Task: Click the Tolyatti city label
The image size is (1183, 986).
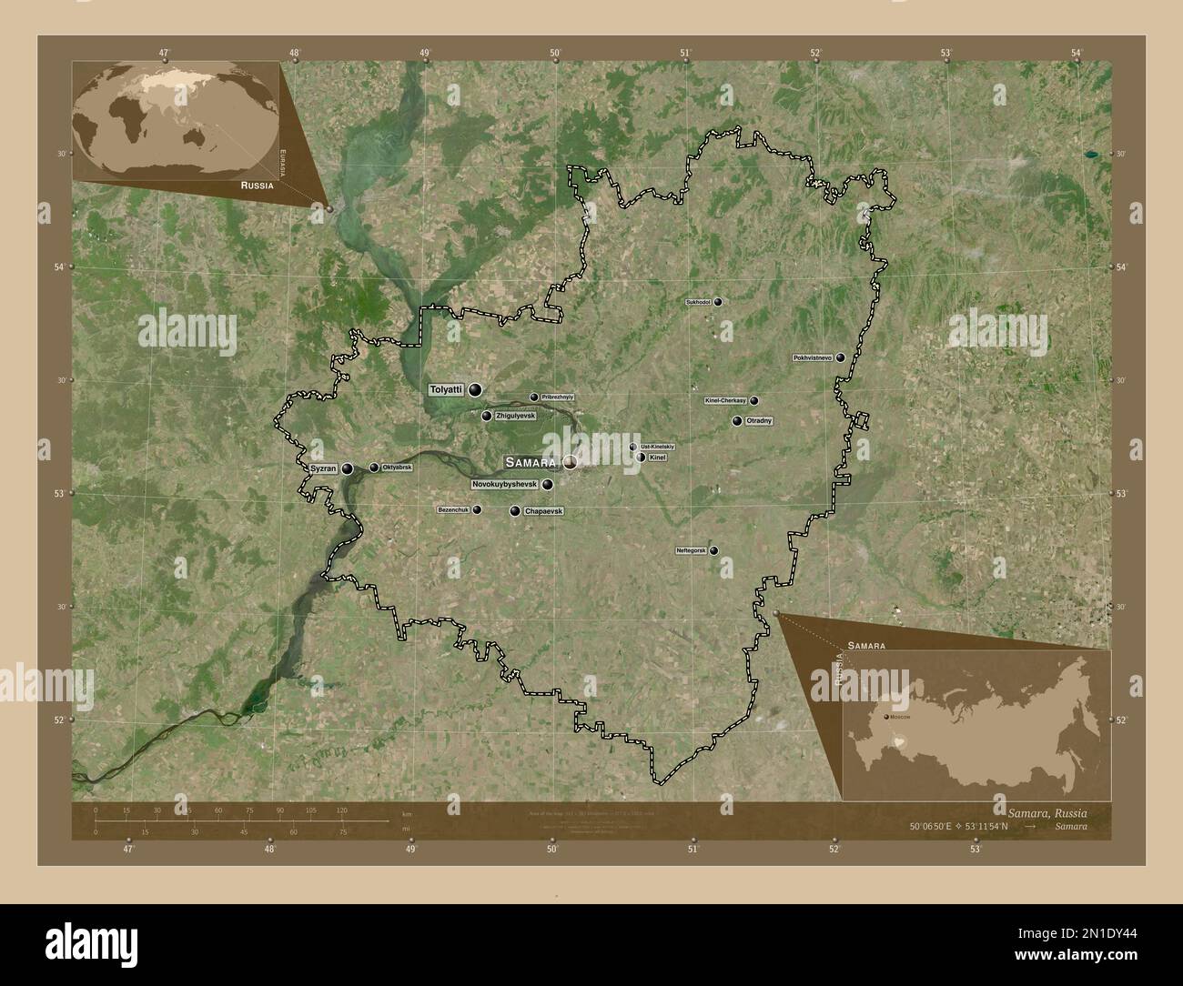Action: point(446,389)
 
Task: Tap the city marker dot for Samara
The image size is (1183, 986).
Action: point(570,462)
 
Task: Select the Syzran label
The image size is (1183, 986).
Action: point(324,468)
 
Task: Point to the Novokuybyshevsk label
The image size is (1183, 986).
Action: point(505,485)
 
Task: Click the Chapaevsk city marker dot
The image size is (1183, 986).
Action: point(515,511)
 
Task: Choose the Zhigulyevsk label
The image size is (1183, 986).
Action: point(515,416)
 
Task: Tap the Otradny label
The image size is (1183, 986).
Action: point(759,421)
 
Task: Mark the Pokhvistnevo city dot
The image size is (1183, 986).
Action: point(841,357)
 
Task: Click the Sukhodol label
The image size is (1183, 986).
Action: point(697,302)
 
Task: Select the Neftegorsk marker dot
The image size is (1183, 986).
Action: point(714,550)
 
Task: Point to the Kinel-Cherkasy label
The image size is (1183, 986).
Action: point(725,400)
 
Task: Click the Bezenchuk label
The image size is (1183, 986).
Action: point(453,510)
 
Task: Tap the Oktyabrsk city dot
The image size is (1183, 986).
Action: point(374,468)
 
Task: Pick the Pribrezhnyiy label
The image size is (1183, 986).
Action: point(558,397)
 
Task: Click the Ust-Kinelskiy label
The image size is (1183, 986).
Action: point(658,447)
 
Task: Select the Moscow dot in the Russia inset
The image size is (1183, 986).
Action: point(885,717)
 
